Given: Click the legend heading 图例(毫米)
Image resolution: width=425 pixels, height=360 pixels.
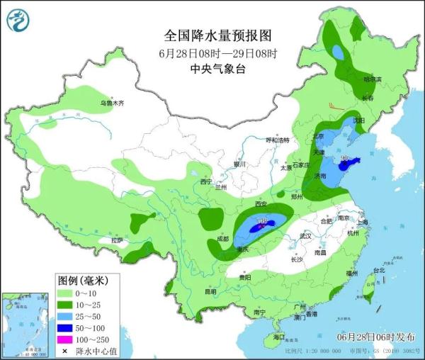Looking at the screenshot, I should click(x=83, y=281).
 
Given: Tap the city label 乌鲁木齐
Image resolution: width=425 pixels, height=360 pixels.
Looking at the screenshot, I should click(x=111, y=103).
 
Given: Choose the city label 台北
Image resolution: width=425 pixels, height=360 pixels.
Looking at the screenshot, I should click(x=379, y=270).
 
